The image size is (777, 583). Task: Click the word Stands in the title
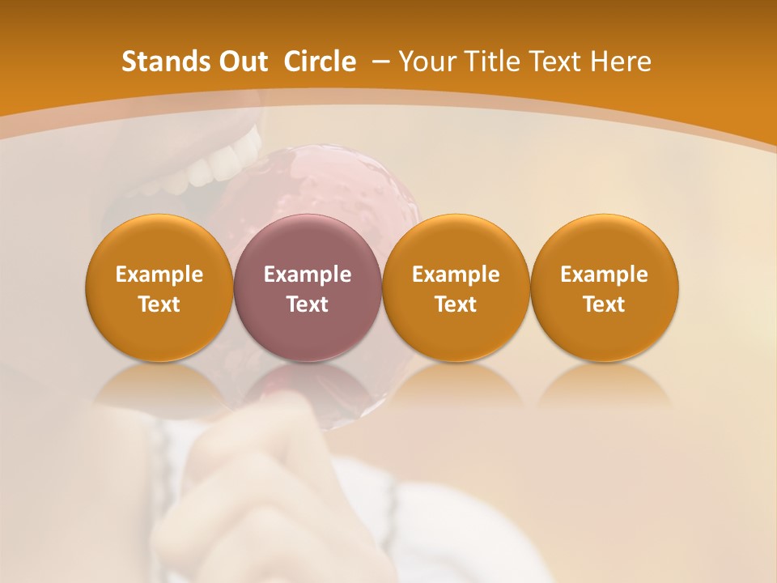click(159, 62)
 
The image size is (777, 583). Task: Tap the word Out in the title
click(243, 62)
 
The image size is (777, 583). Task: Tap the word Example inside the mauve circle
click(307, 274)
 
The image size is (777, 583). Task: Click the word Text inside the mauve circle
click(307, 304)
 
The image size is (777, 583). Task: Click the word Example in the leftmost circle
click(159, 274)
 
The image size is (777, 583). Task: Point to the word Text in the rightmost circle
click(604, 304)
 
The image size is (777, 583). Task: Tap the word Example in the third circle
click(456, 274)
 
